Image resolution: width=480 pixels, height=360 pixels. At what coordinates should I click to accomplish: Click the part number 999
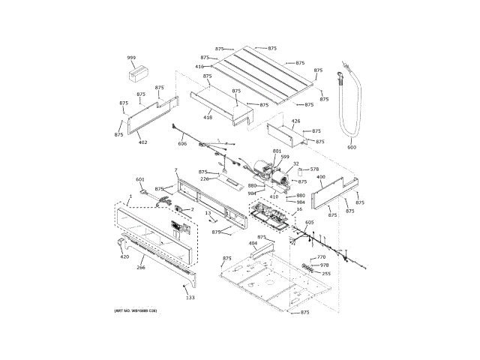point(131,58)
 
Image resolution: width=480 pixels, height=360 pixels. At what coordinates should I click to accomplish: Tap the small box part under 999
point(136,73)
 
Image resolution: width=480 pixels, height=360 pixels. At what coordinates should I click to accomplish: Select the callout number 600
point(352,147)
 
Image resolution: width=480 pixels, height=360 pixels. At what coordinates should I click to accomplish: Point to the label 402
point(142,142)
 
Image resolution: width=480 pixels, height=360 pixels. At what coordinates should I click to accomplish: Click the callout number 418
point(208,117)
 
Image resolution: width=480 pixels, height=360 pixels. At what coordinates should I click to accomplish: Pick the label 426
point(295,121)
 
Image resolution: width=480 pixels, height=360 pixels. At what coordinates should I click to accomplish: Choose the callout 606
point(182,143)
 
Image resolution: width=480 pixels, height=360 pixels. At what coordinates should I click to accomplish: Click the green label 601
point(139,179)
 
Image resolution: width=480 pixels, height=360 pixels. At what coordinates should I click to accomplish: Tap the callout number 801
point(277,151)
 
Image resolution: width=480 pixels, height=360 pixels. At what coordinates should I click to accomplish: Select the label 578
point(314,169)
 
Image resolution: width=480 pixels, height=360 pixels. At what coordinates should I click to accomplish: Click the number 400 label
point(320,178)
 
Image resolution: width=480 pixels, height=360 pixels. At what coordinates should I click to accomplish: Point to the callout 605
point(309,223)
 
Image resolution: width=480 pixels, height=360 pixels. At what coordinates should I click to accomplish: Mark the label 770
point(321,257)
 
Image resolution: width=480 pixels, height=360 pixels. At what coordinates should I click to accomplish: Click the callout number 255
point(325,273)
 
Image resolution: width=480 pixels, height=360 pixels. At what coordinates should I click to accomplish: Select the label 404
point(253,244)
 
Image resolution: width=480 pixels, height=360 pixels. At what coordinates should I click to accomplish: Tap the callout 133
point(190,298)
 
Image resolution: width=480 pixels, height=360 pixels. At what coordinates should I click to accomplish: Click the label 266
point(140,267)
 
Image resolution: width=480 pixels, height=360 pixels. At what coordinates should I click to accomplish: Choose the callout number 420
point(124,257)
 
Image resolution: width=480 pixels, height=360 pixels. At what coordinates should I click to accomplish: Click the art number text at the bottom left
point(136,310)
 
